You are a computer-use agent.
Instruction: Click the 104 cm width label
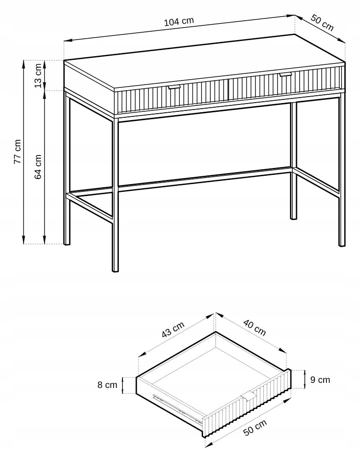click(x=179, y=22)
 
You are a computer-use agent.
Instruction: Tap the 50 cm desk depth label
click(x=322, y=23)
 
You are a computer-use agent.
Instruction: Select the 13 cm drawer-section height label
click(x=38, y=75)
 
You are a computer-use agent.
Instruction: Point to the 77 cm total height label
click(x=17, y=152)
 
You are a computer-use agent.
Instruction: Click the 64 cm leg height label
click(x=38, y=167)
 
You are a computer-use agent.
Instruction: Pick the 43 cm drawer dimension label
click(x=173, y=329)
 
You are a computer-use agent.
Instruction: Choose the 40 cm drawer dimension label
click(x=255, y=327)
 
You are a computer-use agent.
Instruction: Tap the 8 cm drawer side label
click(x=107, y=385)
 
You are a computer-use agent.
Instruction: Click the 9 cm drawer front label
click(x=320, y=380)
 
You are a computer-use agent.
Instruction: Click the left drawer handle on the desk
click(x=174, y=87)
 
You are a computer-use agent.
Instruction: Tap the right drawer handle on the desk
click(x=285, y=74)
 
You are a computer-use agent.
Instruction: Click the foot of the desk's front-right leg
click(x=342, y=244)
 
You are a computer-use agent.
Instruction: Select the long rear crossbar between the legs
click(x=204, y=179)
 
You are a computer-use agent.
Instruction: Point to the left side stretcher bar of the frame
click(x=89, y=205)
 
